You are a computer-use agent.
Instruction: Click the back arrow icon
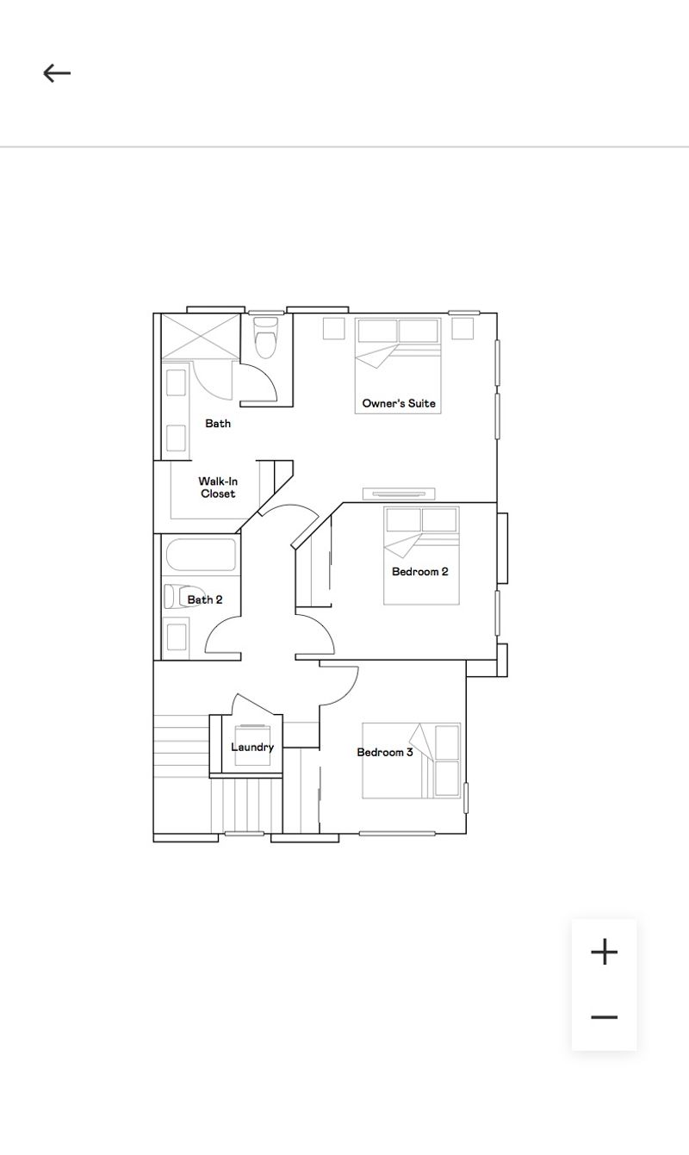[57, 73]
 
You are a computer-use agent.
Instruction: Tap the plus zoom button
[604, 952]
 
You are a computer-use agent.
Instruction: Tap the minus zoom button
[604, 1017]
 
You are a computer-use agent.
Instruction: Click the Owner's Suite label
[399, 403]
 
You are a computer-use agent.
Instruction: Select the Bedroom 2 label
[419, 571]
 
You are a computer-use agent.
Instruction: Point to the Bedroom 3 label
[385, 752]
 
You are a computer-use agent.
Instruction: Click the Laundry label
[252, 747]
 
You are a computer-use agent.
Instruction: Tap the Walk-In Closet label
[218, 487]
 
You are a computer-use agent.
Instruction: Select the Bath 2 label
[205, 599]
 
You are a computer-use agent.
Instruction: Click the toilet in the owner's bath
[265, 337]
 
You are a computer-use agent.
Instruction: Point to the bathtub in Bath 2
[201, 556]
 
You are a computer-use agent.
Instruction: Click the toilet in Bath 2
[177, 597]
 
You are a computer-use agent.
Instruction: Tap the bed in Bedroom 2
[421, 556]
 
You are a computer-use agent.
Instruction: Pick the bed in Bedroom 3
[411, 761]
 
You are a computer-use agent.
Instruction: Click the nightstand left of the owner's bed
[334, 328]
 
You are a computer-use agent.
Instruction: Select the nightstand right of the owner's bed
[462, 328]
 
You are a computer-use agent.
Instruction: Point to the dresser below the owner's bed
[399, 494]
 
